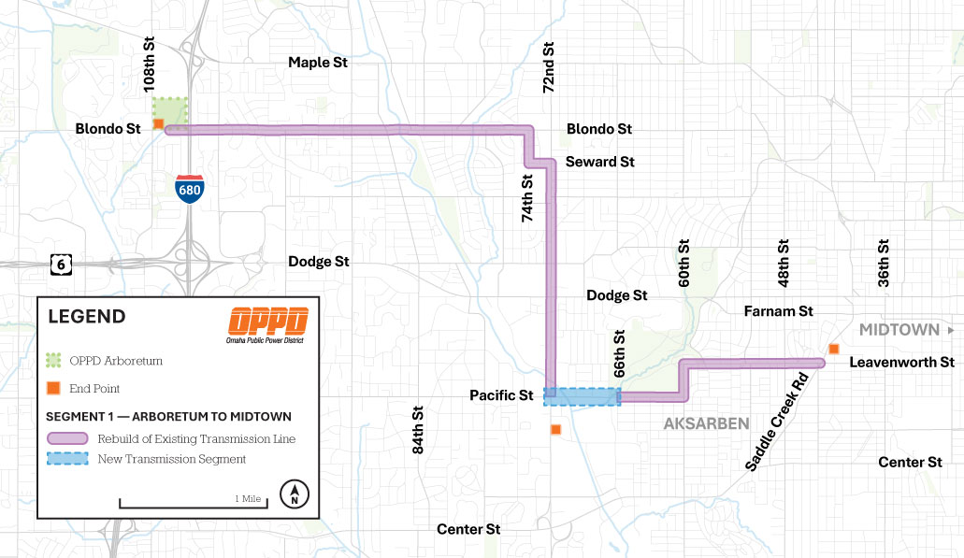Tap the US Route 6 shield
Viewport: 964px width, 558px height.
click(x=61, y=265)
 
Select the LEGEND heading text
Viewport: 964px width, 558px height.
click(x=87, y=317)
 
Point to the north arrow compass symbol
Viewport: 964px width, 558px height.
click(x=295, y=494)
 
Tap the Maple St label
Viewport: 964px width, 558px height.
click(x=317, y=63)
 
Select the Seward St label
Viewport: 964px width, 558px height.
click(x=599, y=162)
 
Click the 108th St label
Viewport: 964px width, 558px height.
click(x=149, y=65)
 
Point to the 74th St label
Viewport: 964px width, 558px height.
click(x=527, y=197)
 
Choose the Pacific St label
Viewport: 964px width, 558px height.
click(x=501, y=396)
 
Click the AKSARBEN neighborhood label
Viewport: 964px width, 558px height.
click(x=706, y=423)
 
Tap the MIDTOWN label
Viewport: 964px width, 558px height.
click(x=899, y=330)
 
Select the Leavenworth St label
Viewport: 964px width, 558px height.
click(x=902, y=362)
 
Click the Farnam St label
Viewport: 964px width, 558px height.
click(x=778, y=311)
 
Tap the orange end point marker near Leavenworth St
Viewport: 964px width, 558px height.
click(x=833, y=350)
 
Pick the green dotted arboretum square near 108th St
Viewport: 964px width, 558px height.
click(x=172, y=111)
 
